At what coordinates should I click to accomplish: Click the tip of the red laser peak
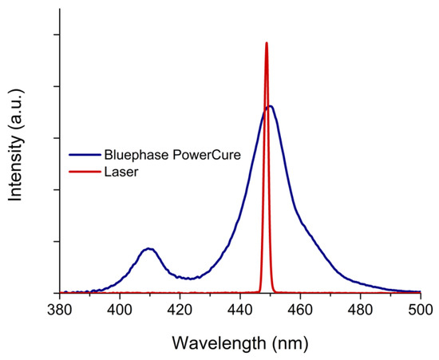pos(267,43)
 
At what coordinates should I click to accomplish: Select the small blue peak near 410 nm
pos(148,248)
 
